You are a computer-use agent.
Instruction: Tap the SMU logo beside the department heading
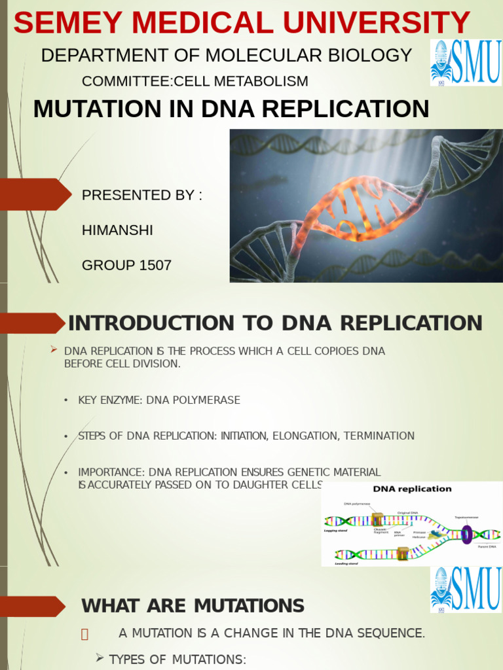click(466, 62)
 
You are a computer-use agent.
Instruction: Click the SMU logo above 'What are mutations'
click(466, 590)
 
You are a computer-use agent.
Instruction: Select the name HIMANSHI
click(117, 230)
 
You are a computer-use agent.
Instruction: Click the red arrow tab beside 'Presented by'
click(36, 194)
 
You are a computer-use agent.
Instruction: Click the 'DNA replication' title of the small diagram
click(412, 489)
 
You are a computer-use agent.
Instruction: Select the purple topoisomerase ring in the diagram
click(466, 534)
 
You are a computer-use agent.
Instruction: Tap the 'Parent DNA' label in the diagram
click(487, 546)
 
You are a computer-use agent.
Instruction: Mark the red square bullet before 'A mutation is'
click(84, 633)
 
